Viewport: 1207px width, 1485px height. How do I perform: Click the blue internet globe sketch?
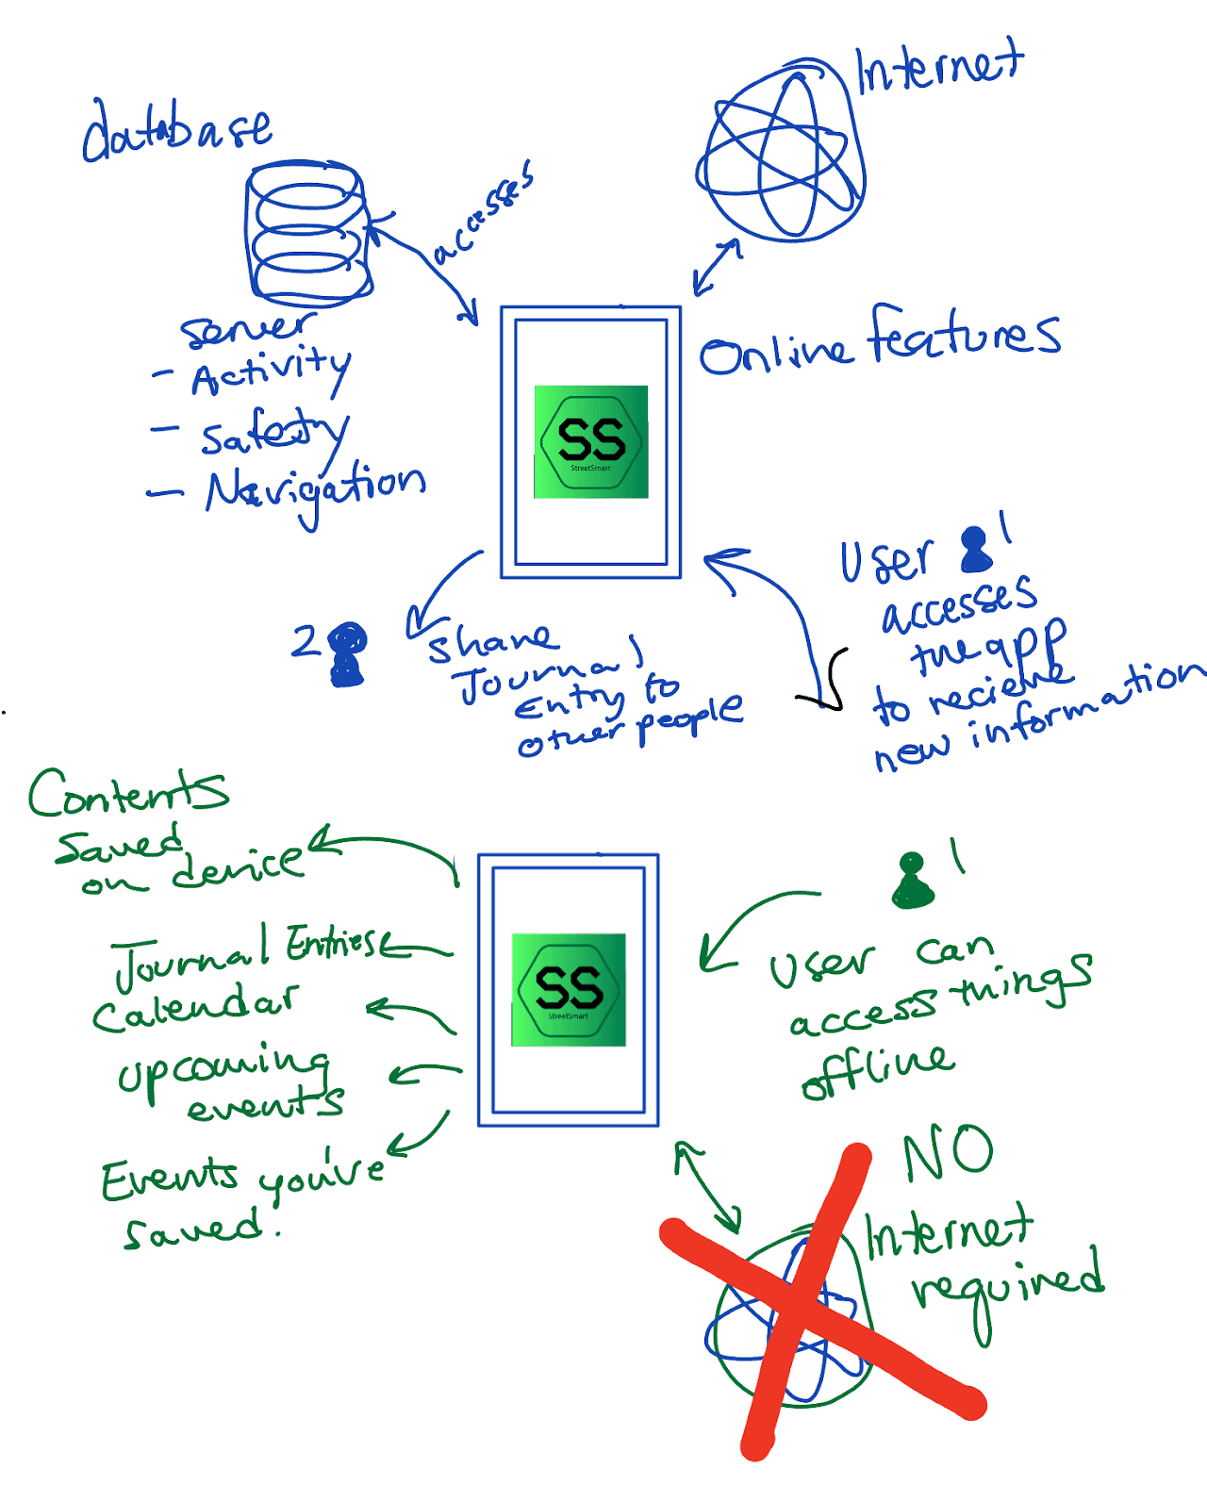pyautogui.click(x=781, y=157)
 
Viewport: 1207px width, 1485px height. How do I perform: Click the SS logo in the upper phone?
pyautogui.click(x=591, y=441)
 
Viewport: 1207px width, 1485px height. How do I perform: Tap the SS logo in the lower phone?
pyautogui.click(x=569, y=989)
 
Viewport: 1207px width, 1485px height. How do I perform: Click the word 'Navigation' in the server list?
pyautogui.click(x=316, y=488)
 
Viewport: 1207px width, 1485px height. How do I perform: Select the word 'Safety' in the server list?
pyautogui.click(x=274, y=433)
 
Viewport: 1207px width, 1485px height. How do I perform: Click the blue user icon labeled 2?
pyautogui.click(x=347, y=653)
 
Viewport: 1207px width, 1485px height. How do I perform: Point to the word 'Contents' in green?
pyautogui.click(x=127, y=792)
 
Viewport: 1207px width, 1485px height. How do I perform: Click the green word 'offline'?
pyautogui.click(x=877, y=1070)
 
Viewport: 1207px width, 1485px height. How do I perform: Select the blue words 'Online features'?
pyautogui.click(x=879, y=341)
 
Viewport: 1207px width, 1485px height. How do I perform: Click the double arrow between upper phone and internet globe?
pyautogui.click(x=718, y=266)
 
